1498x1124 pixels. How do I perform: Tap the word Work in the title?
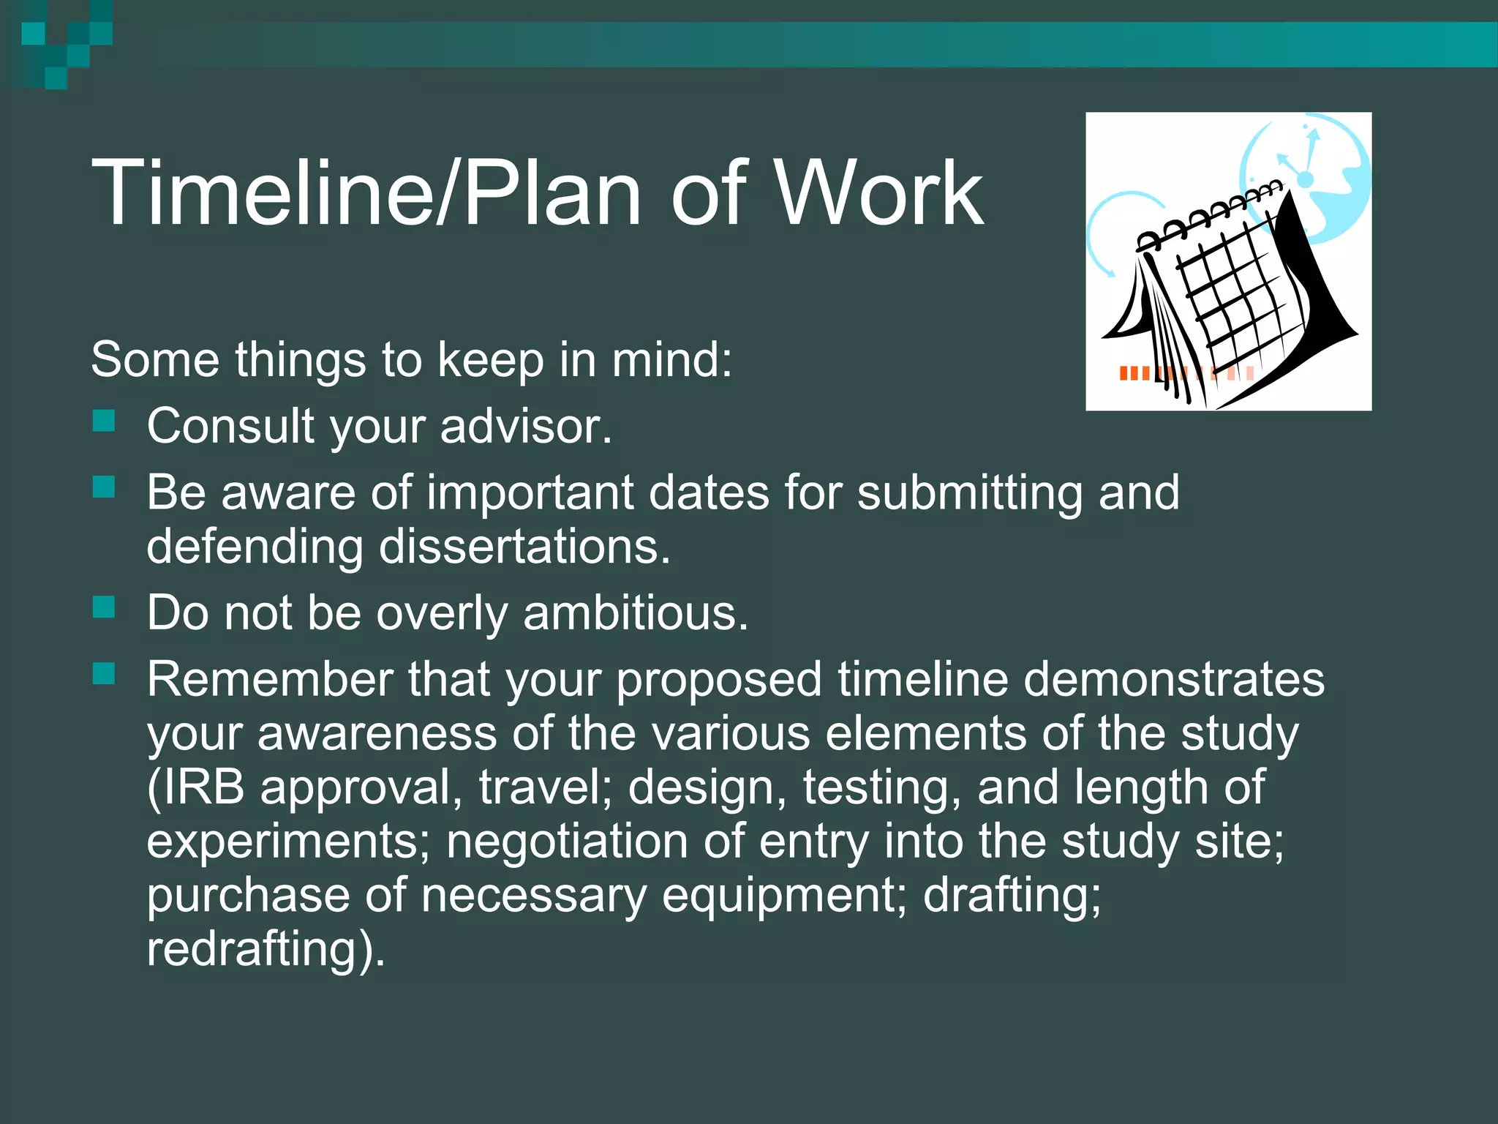coord(878,194)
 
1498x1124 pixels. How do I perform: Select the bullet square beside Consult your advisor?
coord(105,421)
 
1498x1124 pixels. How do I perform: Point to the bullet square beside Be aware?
coord(105,487)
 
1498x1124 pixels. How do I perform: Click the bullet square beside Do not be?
coord(105,607)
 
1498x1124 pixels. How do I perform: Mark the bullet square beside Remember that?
coord(105,674)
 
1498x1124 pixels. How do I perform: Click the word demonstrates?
coord(1173,679)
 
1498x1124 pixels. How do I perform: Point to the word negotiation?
coord(567,841)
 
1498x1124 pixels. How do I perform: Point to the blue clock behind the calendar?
coord(1317,168)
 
